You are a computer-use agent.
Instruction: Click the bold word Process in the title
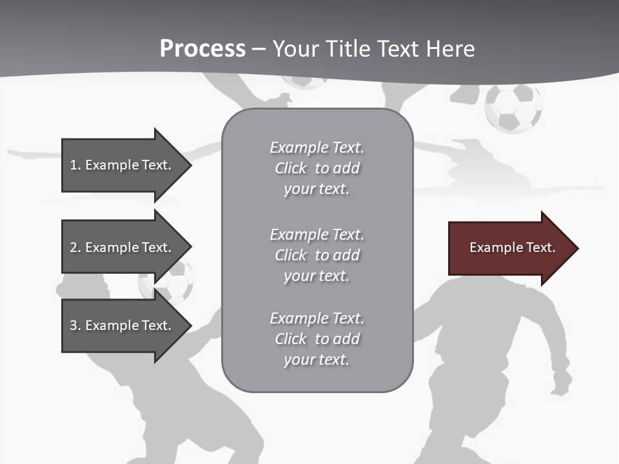tap(202, 49)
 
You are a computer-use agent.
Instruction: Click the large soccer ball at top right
tap(513, 108)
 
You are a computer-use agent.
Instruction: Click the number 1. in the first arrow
tap(75, 165)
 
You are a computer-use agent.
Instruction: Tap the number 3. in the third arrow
tap(75, 325)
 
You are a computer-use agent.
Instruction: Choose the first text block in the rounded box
tap(317, 168)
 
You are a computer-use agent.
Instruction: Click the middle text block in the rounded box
tap(317, 255)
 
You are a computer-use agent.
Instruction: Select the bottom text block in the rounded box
tap(317, 339)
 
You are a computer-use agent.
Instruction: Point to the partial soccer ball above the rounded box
tap(304, 82)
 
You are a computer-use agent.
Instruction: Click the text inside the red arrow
tap(512, 247)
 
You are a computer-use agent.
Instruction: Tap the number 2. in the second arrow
tap(75, 247)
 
